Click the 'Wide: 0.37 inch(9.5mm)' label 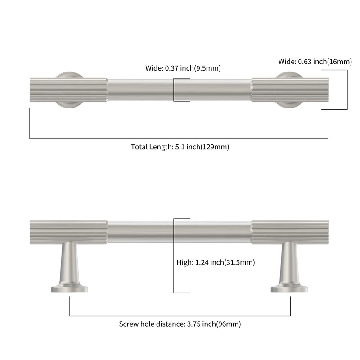183,68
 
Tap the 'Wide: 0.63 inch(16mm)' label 315,62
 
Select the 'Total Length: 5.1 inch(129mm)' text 180,147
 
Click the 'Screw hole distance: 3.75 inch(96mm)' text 180,324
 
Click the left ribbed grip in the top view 68,90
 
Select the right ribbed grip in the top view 290,90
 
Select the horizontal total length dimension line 180,138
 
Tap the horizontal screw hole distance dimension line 180,315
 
